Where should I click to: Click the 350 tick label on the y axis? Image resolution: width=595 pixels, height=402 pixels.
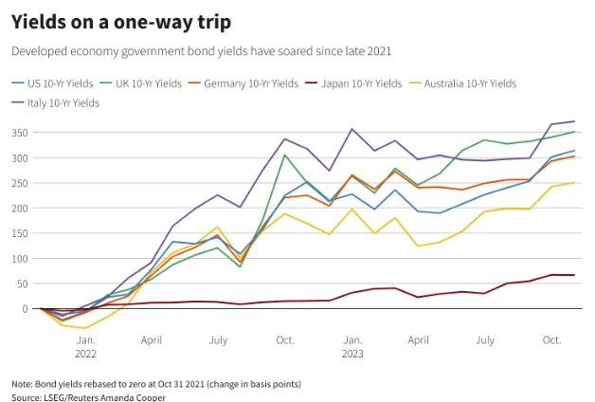tap(20, 133)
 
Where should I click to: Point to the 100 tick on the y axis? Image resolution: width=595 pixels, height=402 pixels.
tap(20, 258)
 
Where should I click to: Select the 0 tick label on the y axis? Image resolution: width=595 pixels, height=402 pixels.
tap(27, 308)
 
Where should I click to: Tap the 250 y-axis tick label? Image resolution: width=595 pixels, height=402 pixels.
tap(20, 183)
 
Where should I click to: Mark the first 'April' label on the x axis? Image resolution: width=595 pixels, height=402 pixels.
tap(152, 338)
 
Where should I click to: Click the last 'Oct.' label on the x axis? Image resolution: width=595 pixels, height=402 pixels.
tap(551, 338)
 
